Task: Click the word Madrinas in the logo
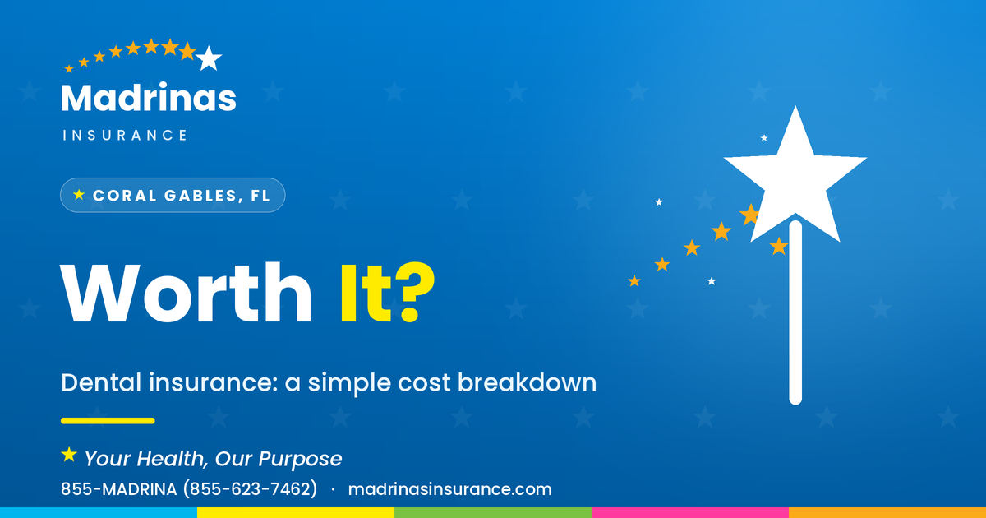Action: click(x=149, y=97)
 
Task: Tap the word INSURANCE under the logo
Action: click(x=125, y=135)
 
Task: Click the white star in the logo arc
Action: click(x=209, y=58)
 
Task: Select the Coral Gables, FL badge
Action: click(x=173, y=195)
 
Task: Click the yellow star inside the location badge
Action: click(x=79, y=195)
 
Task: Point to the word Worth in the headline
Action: click(x=186, y=293)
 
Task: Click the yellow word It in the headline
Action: click(x=366, y=294)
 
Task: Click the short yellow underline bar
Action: click(x=108, y=421)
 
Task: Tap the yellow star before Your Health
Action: click(x=69, y=455)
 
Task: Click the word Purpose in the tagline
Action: click(x=300, y=459)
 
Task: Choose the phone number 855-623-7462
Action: click(x=250, y=489)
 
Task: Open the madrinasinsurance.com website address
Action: click(x=450, y=489)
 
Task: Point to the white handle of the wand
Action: click(x=795, y=312)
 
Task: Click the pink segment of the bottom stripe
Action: click(x=690, y=513)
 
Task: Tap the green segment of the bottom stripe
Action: click(x=493, y=513)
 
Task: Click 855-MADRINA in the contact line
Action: click(x=119, y=489)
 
